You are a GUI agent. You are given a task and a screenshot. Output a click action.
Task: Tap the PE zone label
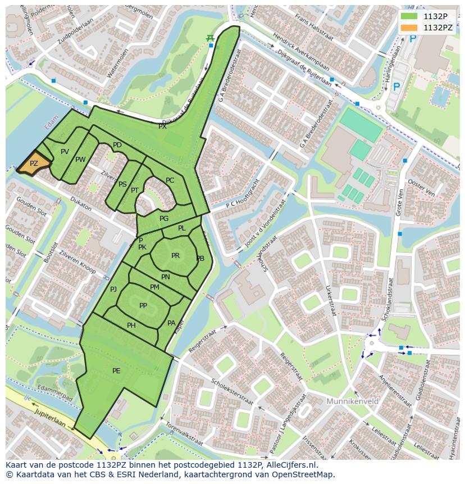[116, 370]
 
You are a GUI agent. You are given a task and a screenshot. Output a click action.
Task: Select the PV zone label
[65, 152]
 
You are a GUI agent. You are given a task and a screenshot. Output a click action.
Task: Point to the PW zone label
[80, 160]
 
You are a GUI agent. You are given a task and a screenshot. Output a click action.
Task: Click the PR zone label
[175, 256]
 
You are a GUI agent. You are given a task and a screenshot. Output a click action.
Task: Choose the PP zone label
[143, 306]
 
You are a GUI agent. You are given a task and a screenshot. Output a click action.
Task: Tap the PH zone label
[131, 325]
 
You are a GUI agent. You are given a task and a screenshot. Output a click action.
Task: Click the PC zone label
[170, 180]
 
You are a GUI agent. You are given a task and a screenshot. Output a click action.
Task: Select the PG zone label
[164, 219]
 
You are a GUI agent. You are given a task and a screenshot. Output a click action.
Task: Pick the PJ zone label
[113, 290]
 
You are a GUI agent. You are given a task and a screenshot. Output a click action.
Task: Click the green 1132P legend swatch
[409, 16]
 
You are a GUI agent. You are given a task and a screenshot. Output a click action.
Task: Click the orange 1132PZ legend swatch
[409, 27]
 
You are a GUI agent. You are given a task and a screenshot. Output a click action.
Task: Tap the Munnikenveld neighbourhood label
[352, 401]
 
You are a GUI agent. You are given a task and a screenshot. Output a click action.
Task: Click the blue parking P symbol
[396, 87]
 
